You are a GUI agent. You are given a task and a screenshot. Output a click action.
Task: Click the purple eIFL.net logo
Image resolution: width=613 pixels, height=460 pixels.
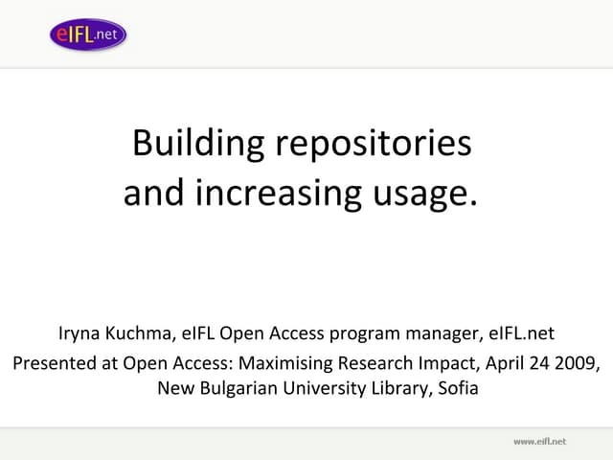coord(88,35)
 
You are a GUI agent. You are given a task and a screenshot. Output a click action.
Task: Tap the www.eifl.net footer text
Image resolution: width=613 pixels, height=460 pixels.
coord(539,441)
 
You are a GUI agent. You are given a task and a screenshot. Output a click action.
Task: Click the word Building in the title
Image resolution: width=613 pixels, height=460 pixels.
coord(199,144)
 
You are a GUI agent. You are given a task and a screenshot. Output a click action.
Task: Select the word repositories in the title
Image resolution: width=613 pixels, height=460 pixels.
coord(374,144)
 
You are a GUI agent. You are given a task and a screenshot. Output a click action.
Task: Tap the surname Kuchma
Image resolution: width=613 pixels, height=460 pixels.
coord(140,334)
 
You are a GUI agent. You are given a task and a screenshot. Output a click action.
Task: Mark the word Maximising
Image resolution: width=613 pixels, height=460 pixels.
coord(285,363)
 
